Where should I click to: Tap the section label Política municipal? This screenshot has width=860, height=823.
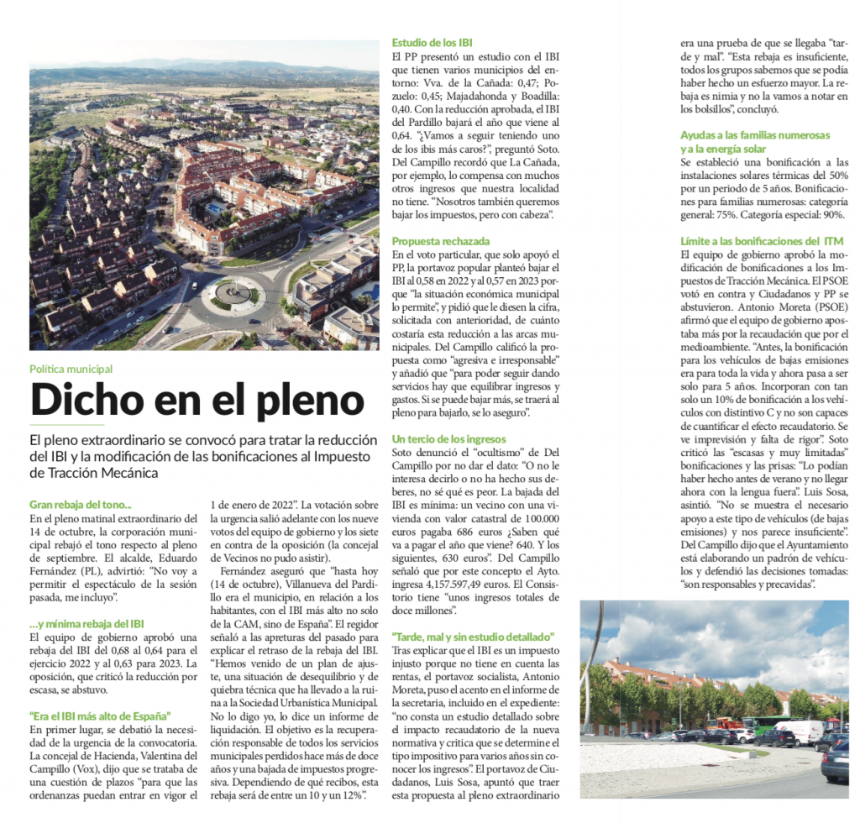coord(71,369)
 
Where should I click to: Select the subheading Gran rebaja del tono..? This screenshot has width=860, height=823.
coord(81,505)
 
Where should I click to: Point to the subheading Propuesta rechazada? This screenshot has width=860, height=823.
coord(441,242)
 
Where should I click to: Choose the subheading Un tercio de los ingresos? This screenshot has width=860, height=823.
coord(449,439)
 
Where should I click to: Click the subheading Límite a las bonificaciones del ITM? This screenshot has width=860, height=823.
coord(762,242)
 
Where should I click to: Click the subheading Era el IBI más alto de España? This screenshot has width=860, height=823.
coord(100,716)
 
